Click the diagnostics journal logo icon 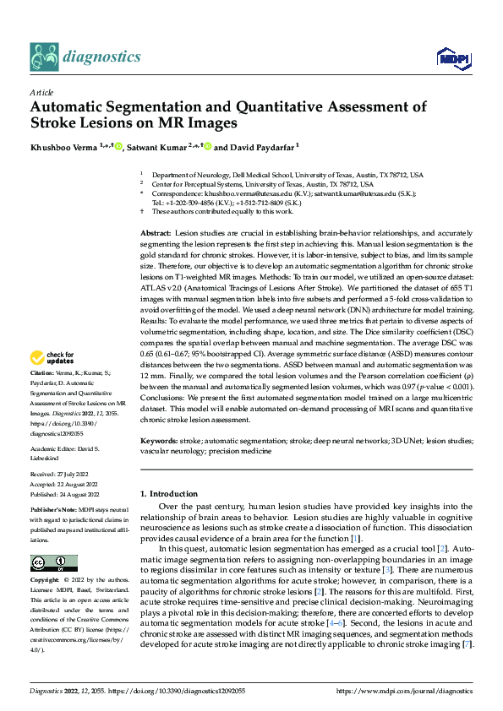(x=45, y=57)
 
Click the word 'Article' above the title (x=41, y=92)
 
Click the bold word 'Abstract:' (x=156, y=231)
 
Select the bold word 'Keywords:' (x=159, y=442)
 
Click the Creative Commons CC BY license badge (x=53, y=563)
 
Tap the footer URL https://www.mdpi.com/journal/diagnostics (x=405, y=691)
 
